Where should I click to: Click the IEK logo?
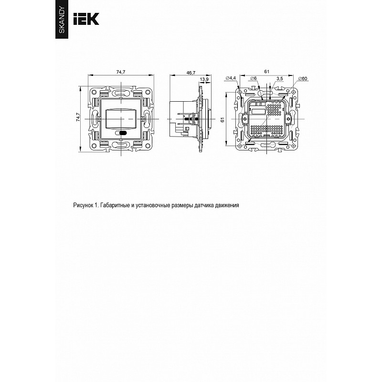86,19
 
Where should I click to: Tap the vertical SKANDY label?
62,20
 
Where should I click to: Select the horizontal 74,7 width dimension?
121,72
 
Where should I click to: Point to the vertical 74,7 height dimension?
78,117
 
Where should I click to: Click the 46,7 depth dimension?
191,73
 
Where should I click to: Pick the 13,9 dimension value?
204,79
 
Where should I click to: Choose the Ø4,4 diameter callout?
231,78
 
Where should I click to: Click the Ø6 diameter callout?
254,78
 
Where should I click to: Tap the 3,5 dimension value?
280,78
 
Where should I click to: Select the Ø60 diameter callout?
303,78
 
